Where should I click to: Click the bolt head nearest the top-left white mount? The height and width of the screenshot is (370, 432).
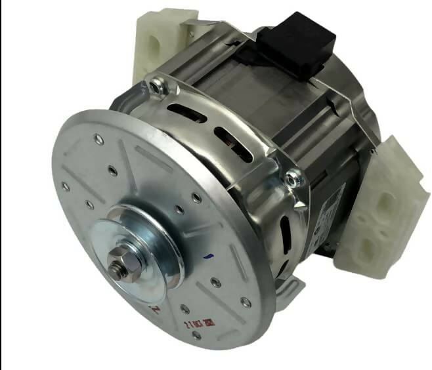click(x=154, y=85)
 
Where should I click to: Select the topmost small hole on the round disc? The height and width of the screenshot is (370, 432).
click(x=97, y=138)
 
